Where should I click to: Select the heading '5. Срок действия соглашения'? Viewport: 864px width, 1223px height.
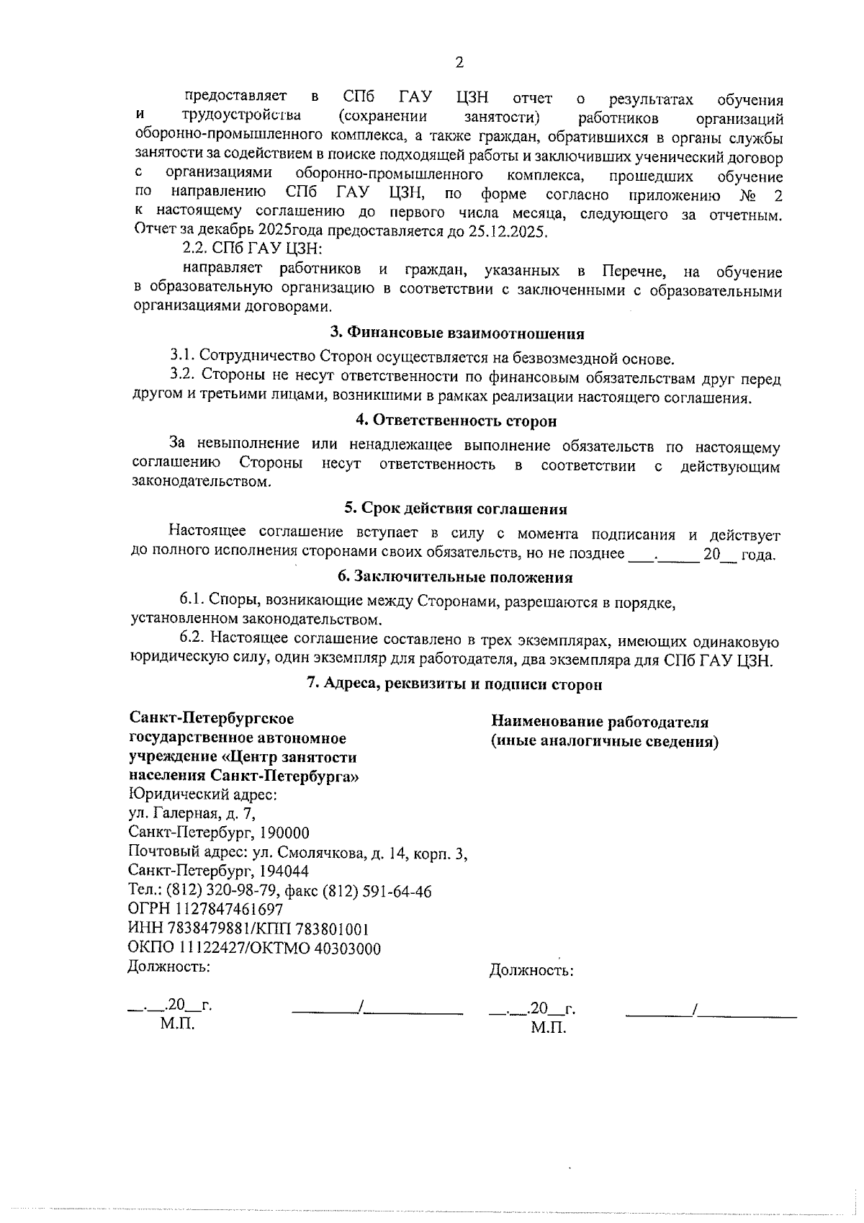455,509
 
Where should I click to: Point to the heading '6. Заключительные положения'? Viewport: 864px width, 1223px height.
455,577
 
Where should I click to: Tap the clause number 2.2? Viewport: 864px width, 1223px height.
194,249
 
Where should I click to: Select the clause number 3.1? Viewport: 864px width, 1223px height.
182,356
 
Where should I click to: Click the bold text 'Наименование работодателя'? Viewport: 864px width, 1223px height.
599,722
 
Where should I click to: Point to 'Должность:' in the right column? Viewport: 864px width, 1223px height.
531,971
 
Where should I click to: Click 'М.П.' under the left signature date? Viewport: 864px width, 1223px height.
177,1024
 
